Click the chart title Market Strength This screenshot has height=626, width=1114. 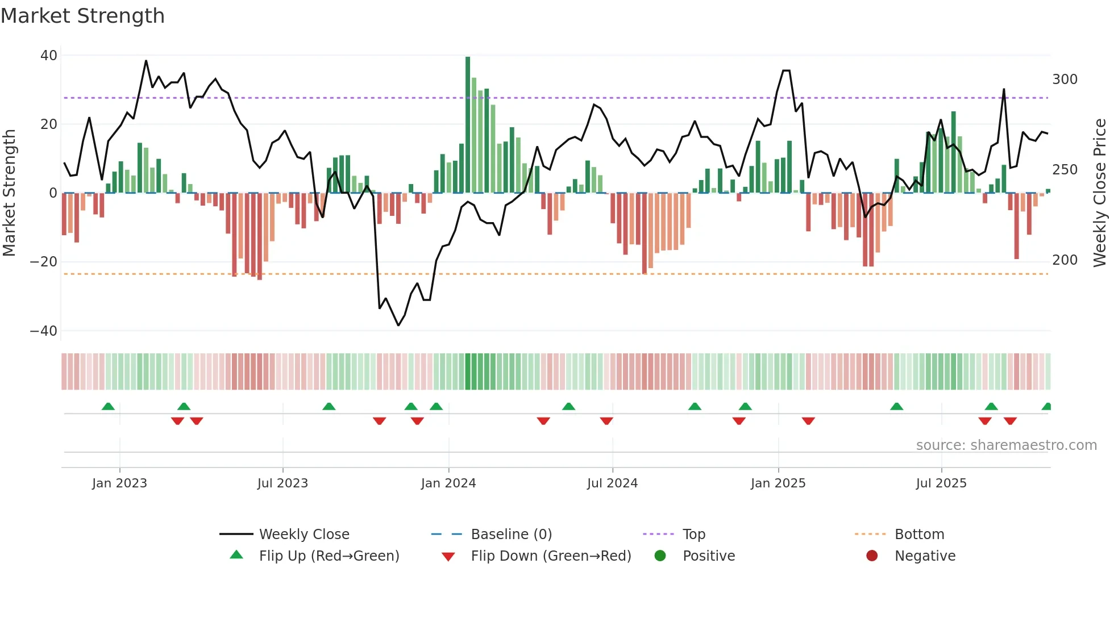(x=82, y=16)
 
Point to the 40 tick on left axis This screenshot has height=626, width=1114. (x=49, y=56)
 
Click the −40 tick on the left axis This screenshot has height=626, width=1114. (x=44, y=331)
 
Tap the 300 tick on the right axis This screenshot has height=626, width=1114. (x=1065, y=80)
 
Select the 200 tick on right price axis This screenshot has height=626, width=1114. (x=1065, y=260)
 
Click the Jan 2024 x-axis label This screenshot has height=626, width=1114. (x=448, y=483)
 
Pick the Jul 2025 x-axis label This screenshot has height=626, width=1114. (x=941, y=483)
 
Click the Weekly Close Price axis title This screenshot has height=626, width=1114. (x=1100, y=193)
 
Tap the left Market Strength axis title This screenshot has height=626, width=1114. (x=10, y=193)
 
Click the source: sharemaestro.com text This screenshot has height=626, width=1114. (x=1006, y=445)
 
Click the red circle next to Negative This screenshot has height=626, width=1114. (x=872, y=556)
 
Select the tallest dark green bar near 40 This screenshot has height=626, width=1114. (x=468, y=125)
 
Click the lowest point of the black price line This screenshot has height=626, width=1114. (x=398, y=325)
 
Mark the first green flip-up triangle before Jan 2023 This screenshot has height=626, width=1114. (x=108, y=406)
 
